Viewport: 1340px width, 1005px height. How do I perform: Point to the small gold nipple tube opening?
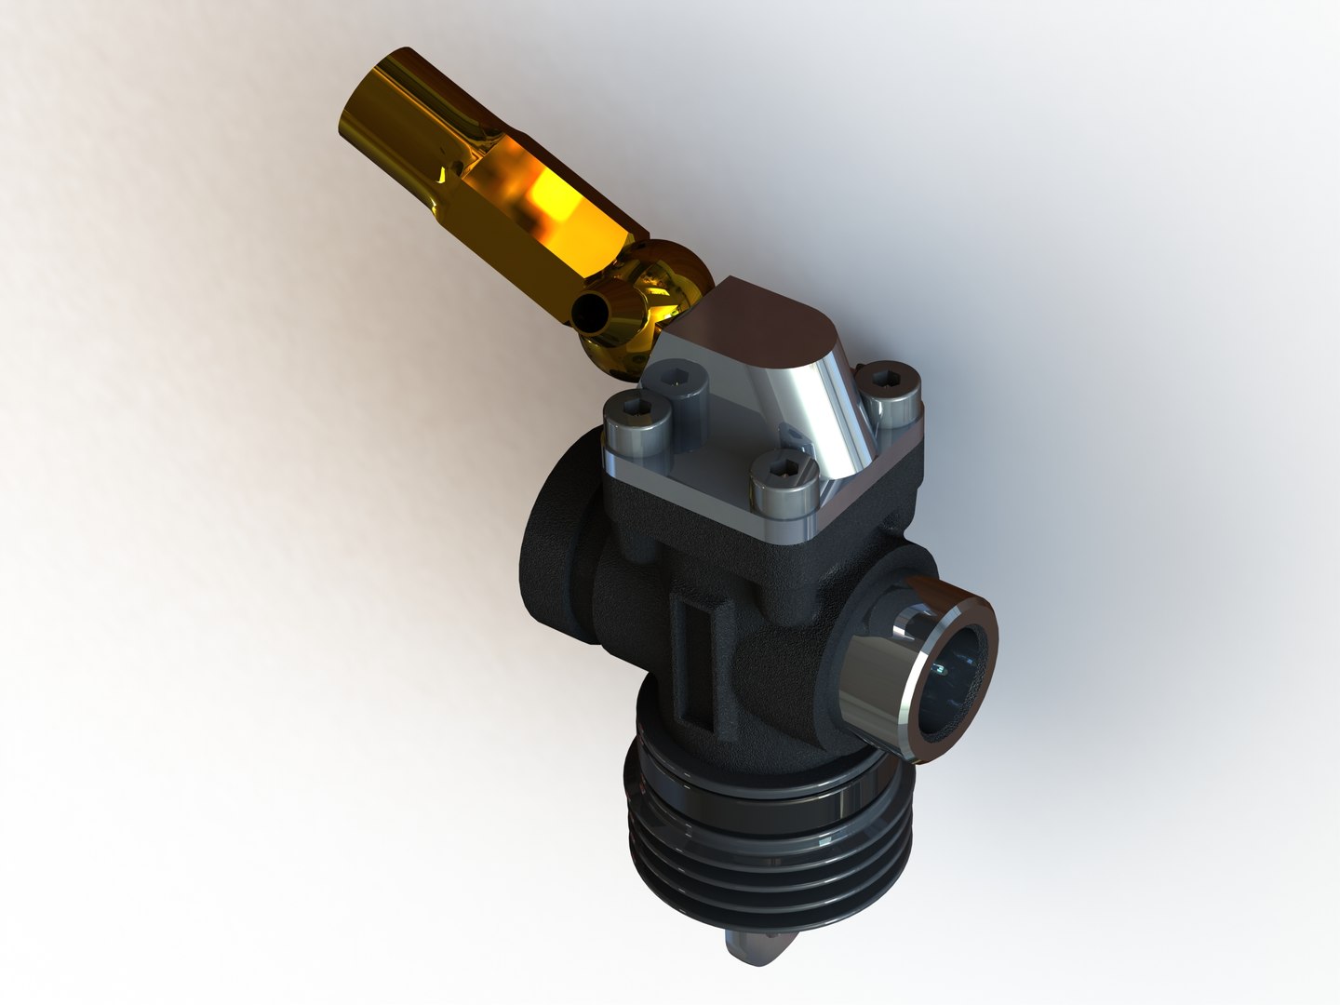588,315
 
